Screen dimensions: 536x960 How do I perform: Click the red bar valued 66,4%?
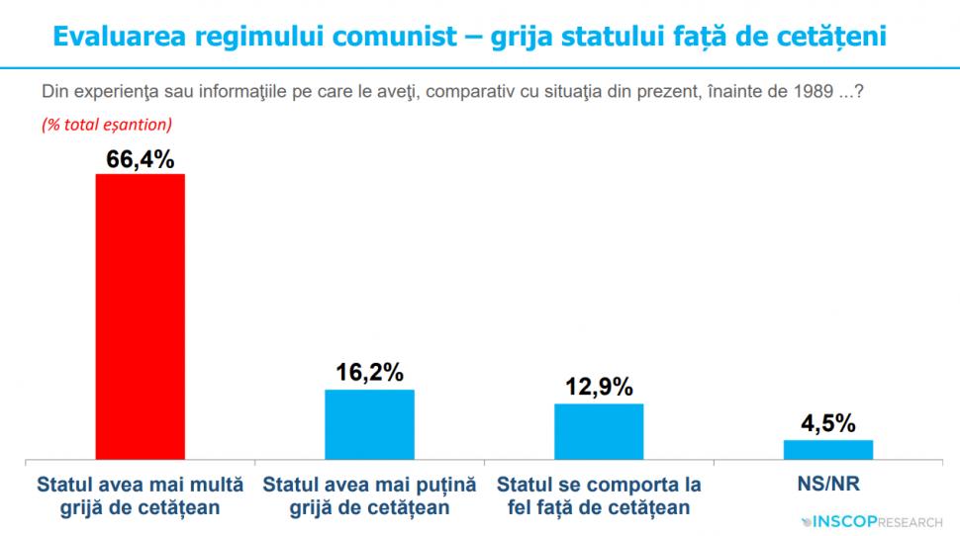click(140, 316)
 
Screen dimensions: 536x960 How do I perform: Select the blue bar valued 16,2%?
click(370, 424)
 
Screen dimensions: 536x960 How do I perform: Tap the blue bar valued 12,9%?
click(599, 431)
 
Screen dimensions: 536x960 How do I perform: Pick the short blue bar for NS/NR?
click(828, 449)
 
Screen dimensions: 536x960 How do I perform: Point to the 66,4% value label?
click(140, 159)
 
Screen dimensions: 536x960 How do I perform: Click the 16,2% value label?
click(369, 374)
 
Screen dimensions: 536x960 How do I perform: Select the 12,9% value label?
click(599, 388)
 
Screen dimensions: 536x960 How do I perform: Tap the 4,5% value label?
click(828, 424)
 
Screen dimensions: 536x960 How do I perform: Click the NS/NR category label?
click(828, 486)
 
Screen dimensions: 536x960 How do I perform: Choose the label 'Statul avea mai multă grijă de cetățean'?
click(140, 496)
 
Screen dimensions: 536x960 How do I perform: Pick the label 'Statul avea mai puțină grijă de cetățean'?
click(370, 496)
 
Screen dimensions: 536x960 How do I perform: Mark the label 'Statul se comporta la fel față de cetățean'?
click(599, 496)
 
